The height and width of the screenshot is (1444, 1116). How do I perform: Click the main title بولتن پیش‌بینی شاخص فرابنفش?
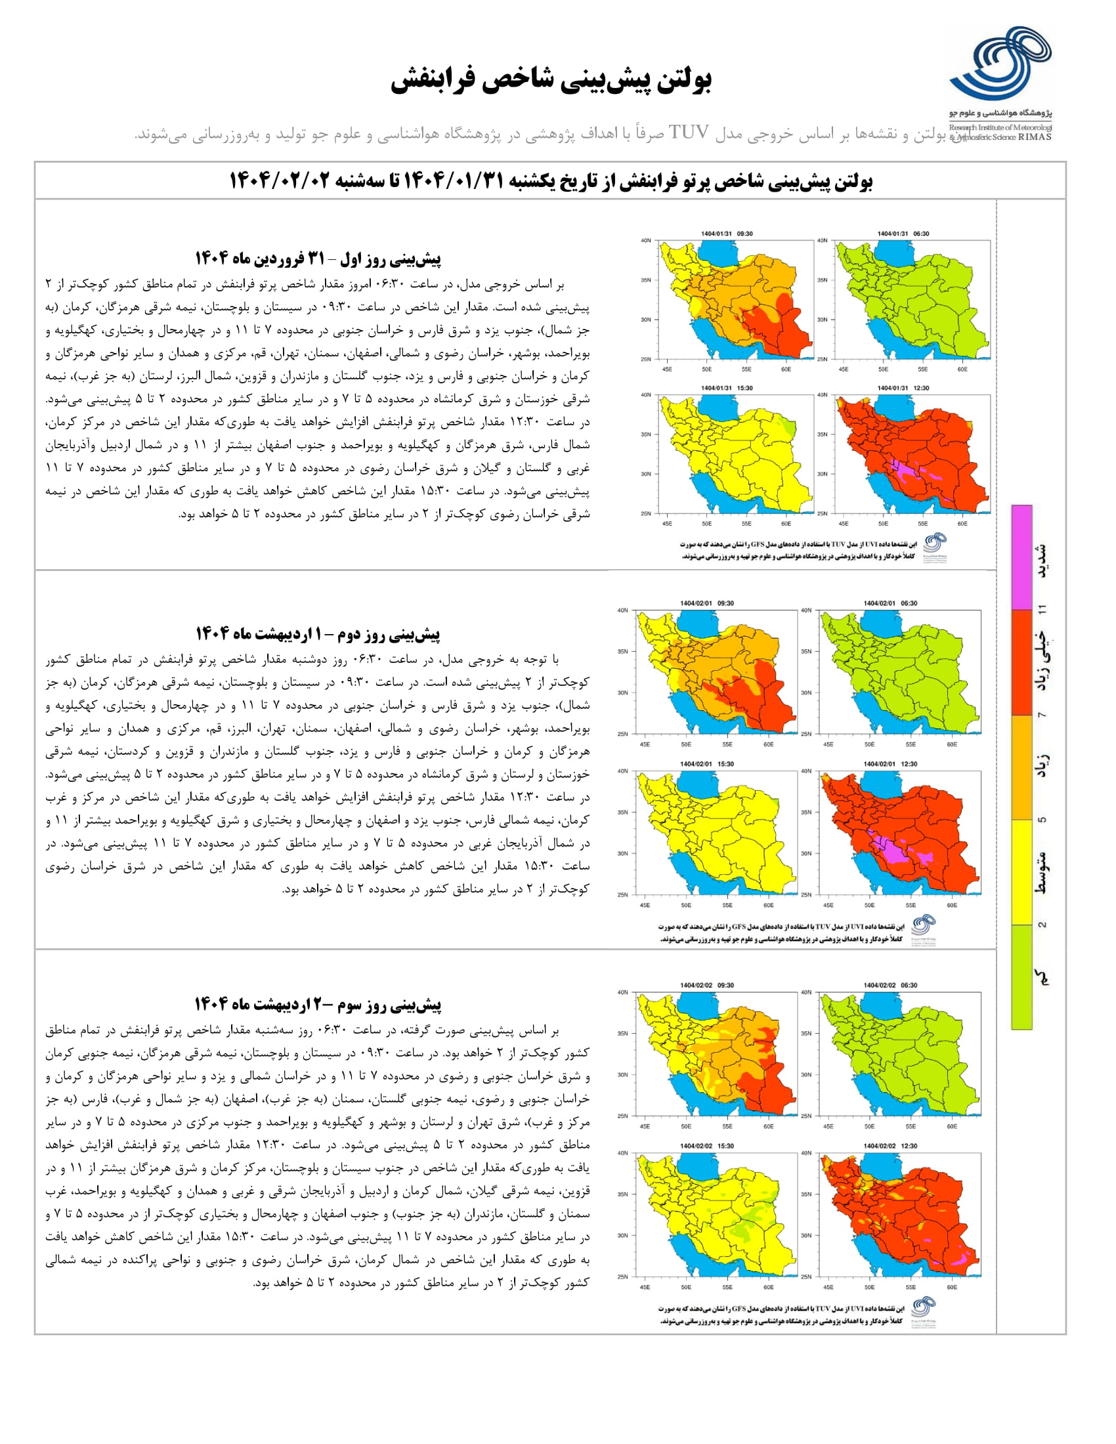pyautogui.click(x=551, y=81)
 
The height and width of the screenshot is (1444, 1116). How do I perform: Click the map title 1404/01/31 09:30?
pyautogui.click(x=727, y=234)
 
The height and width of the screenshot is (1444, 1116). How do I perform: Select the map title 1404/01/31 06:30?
pyautogui.click(x=903, y=234)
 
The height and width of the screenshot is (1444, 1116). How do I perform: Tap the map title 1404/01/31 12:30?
pyautogui.click(x=903, y=388)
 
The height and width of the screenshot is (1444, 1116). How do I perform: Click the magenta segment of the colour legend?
pyautogui.click(x=1021, y=557)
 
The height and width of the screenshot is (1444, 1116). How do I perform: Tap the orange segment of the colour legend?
pyautogui.click(x=1021, y=767)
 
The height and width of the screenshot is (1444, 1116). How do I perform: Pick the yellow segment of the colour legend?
pyautogui.click(x=1021, y=872)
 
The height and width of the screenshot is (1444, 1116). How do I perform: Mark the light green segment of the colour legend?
pyautogui.click(x=1021, y=976)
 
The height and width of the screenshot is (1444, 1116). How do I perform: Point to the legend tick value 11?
pyautogui.click(x=1042, y=609)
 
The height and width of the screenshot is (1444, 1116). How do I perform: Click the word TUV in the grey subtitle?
pyautogui.click(x=688, y=133)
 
